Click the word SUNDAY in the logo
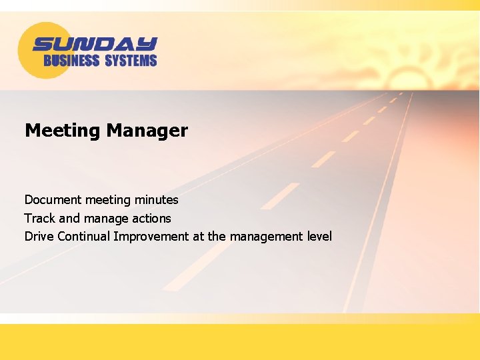95,44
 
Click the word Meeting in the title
61,131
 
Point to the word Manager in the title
146,131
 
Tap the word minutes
157,199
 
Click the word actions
151,218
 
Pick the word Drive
39,236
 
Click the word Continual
84,236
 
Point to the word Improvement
151,236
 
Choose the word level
319,236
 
